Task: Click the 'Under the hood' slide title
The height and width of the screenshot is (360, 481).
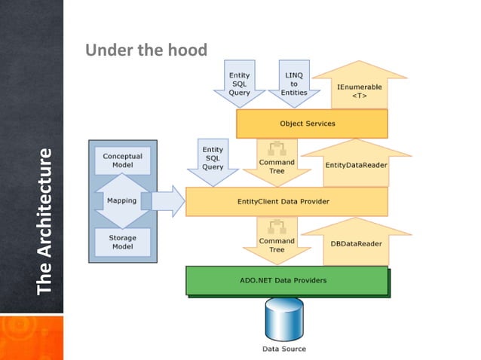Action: (146, 50)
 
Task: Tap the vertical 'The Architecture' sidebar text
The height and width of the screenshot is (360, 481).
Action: (44, 221)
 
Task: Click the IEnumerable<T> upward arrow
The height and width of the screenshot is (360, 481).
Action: (359, 87)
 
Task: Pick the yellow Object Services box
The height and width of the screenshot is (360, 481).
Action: (311, 124)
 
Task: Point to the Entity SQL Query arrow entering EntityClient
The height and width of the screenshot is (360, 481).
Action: (213, 160)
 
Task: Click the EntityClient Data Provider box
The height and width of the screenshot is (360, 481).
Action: (286, 202)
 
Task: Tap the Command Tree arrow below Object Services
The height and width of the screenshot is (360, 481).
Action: (277, 162)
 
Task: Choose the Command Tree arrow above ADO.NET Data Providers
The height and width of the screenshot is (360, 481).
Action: (277, 240)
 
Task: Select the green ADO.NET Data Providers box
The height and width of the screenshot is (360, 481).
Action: (286, 280)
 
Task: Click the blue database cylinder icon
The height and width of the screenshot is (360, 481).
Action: (283, 319)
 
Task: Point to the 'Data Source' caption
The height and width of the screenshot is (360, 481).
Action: (283, 349)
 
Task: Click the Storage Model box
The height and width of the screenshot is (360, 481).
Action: (122, 241)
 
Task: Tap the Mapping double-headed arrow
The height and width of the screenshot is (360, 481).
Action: (122, 201)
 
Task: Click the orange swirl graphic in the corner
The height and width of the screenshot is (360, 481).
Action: (31, 337)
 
